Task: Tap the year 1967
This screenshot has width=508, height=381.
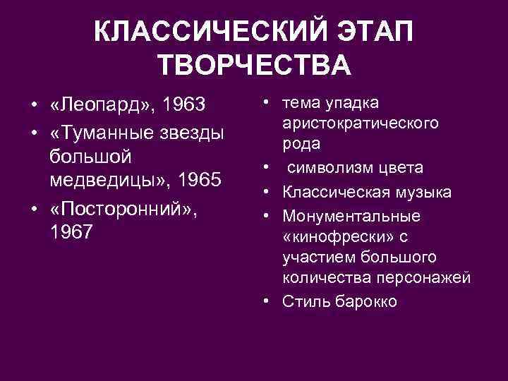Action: pos(71,232)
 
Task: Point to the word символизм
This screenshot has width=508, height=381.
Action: pos(332,168)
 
